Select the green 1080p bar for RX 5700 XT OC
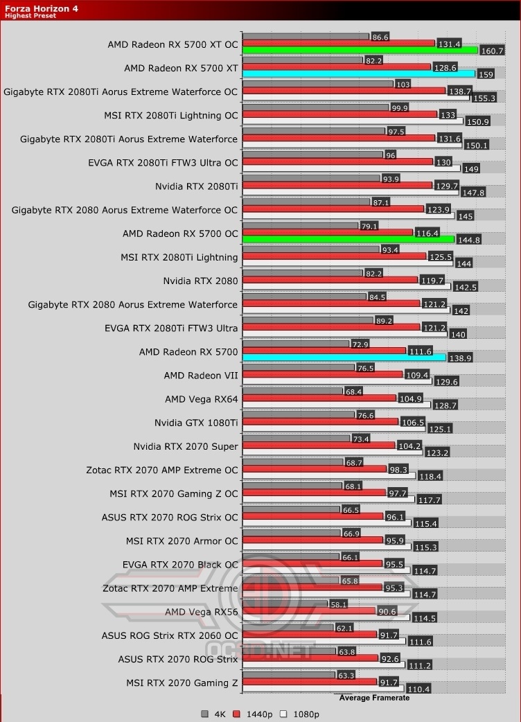click(x=360, y=50)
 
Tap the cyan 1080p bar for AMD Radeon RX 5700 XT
click(x=358, y=73)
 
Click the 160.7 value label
click(x=492, y=51)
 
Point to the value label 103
click(x=403, y=83)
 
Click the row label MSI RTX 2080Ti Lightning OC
click(x=170, y=115)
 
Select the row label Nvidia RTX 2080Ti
click(x=196, y=186)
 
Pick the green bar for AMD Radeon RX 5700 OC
click(x=348, y=239)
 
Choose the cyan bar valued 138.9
click(x=344, y=358)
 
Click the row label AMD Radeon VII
click(x=200, y=376)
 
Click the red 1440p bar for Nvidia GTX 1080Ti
click(x=320, y=421)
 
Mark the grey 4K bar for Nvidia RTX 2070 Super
click(x=297, y=438)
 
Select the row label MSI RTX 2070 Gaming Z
click(x=182, y=683)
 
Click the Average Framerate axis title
click(x=374, y=698)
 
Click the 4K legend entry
click(x=213, y=714)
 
